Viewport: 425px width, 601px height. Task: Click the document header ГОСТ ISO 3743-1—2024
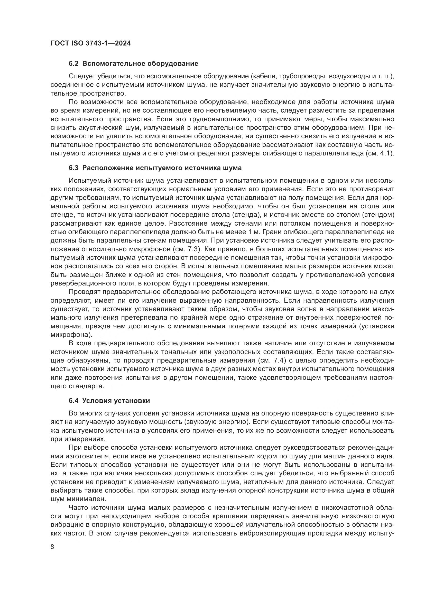90,43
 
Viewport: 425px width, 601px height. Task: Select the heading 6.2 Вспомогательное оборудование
133,64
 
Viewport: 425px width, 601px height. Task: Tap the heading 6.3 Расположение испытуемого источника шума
155,168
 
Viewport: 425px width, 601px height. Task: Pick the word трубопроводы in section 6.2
301,76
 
